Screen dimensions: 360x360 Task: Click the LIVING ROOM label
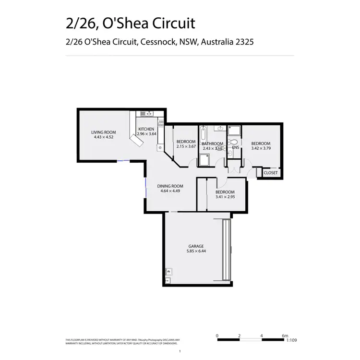tap(104, 132)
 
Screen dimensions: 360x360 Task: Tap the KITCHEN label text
tap(146, 129)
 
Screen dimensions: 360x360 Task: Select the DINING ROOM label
tap(170, 186)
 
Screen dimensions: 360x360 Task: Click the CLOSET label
tap(270, 172)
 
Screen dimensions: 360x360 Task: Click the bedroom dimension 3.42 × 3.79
tap(261, 148)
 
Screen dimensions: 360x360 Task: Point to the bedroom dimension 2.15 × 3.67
tap(186, 146)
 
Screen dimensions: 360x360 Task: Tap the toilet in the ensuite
tap(232, 142)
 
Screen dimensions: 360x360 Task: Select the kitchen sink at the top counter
tap(148, 114)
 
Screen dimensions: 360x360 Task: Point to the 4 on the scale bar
tap(262, 336)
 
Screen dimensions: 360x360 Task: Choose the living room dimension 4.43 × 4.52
tap(104, 137)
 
